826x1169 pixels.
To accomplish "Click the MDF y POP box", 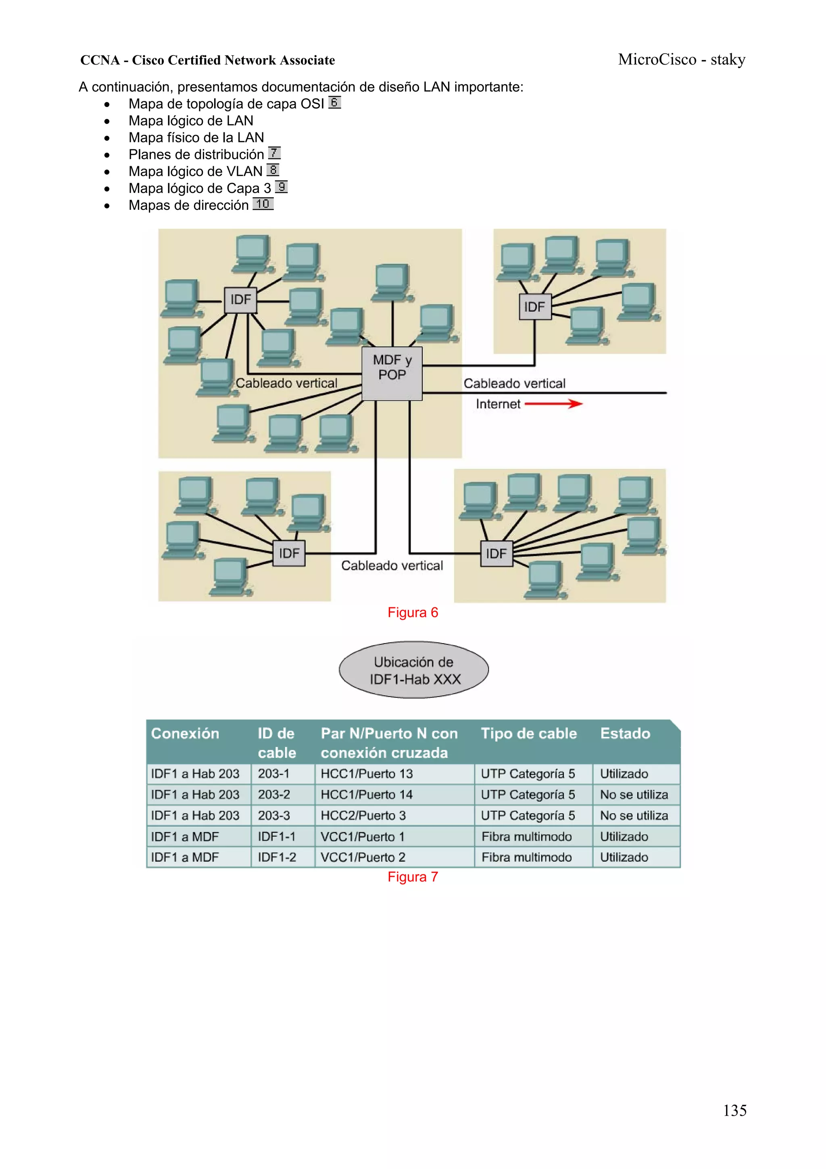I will click(392, 373).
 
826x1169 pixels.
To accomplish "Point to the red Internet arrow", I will click(553, 404).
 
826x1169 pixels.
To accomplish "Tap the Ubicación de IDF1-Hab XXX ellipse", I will click(414, 669).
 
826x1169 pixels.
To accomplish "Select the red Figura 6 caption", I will click(413, 613).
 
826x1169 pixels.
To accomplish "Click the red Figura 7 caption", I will click(413, 877).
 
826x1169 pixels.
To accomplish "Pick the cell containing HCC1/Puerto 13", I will click(367, 774).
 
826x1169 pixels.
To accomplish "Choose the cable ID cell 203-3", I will click(274, 816).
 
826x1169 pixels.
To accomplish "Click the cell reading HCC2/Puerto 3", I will click(363, 816).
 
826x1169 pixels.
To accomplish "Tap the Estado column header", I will click(625, 734).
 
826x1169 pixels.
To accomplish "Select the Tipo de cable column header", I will click(529, 734).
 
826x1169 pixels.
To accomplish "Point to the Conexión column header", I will click(185, 734).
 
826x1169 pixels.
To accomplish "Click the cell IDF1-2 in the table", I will click(277, 857).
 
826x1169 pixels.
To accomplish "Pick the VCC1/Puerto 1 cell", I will click(362, 836).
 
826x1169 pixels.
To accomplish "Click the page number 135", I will click(734, 1110).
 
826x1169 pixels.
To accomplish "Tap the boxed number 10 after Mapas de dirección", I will click(263, 204).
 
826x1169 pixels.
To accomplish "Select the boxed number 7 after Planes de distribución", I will click(274, 153).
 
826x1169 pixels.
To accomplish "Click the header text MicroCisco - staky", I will click(682, 60).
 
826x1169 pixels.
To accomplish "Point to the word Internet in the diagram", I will click(498, 404).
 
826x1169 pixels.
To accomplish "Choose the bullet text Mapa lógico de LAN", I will click(191, 121).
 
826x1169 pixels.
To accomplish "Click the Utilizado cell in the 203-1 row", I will click(624, 774).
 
